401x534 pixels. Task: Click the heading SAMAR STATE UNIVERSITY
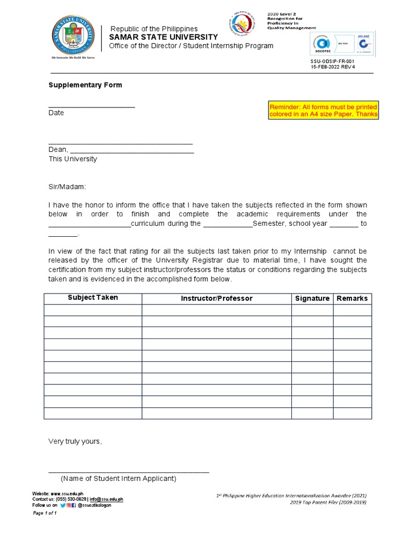(x=163, y=37)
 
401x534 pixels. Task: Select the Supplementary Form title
(x=85, y=85)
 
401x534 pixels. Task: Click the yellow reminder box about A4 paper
(x=323, y=111)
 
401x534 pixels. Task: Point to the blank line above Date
(x=91, y=106)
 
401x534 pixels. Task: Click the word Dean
(x=57, y=150)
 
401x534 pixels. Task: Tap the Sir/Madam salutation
(x=66, y=187)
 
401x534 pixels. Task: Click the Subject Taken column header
(x=93, y=298)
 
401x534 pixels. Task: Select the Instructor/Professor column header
(x=217, y=298)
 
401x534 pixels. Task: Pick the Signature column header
(x=312, y=298)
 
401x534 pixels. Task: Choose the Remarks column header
(x=352, y=298)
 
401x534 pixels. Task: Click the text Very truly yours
(x=75, y=441)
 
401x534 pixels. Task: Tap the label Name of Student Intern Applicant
(x=119, y=479)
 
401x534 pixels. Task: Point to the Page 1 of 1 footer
(x=44, y=513)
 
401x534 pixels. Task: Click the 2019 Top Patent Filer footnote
(x=328, y=502)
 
